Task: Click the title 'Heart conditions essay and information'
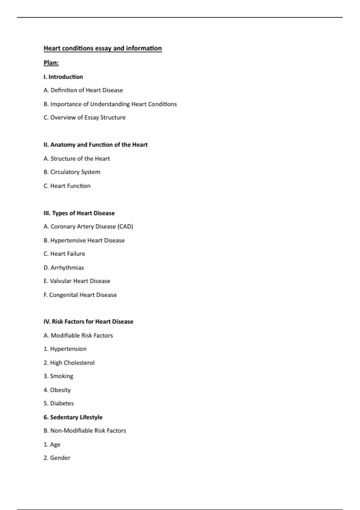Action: (x=103, y=48)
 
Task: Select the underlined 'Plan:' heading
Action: (x=51, y=63)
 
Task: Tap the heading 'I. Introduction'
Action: (x=63, y=77)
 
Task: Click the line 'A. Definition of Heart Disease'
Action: (x=83, y=90)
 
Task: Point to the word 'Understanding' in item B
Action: (x=110, y=104)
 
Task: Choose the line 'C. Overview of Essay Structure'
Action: (x=84, y=118)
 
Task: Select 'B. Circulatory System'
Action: (x=72, y=172)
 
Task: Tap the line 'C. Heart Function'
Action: (x=67, y=186)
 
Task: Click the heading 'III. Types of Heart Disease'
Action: (x=79, y=213)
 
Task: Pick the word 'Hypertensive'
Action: (x=68, y=240)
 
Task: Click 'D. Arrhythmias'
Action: (x=64, y=268)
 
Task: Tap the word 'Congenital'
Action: (x=63, y=295)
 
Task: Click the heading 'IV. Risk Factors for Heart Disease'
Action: (x=88, y=322)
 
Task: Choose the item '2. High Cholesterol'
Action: (x=69, y=363)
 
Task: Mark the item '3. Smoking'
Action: (x=58, y=376)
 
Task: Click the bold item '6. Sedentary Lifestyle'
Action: (x=73, y=417)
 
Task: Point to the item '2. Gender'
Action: (x=57, y=458)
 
